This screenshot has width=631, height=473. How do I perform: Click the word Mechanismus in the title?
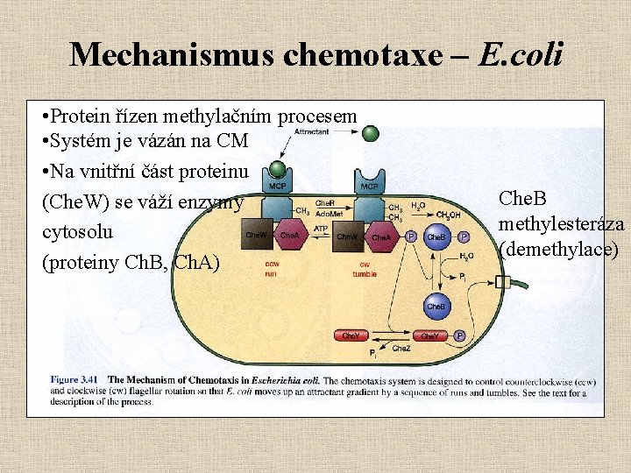pos(170,54)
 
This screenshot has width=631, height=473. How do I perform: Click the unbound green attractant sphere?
pos(371,133)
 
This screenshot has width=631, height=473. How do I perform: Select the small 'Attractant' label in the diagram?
pos(311,131)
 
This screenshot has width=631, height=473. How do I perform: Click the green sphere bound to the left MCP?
pos(278,168)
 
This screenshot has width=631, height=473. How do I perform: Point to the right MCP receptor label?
pos(370,186)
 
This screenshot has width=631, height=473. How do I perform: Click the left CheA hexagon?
pos(289,236)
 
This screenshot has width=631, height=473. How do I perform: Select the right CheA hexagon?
pos(380,236)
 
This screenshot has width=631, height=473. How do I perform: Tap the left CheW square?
pos(256,235)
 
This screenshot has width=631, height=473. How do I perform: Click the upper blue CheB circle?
pos(436,236)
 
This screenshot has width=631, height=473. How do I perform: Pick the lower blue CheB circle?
pos(436,307)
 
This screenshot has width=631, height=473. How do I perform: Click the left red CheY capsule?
pos(351,335)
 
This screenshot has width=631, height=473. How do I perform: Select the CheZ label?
pos(401,349)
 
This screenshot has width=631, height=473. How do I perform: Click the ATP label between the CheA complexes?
pos(321,229)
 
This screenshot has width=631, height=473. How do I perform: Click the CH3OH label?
pos(448,215)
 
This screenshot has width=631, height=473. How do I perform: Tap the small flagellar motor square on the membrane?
pos(502,282)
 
